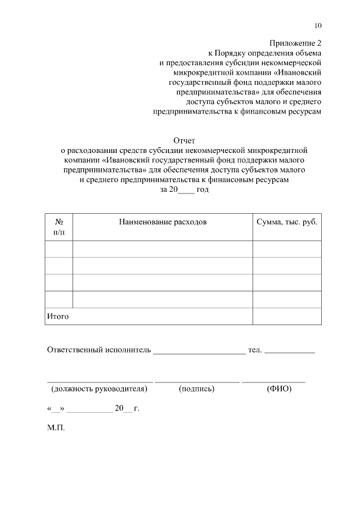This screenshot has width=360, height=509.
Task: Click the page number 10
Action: (318, 25)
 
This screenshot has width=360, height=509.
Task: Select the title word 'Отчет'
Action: (184, 140)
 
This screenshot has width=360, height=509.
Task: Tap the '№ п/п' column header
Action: (58, 227)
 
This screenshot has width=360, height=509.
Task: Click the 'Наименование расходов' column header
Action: (163, 222)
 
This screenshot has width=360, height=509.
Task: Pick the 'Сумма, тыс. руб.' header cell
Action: (287, 222)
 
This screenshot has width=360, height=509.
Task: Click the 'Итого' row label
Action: (57, 317)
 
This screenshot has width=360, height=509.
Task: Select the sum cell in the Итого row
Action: (287, 317)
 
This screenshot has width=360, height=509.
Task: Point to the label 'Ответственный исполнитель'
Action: (99, 350)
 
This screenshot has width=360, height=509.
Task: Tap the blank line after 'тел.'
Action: (289, 353)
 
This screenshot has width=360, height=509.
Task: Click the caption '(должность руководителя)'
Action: (99, 389)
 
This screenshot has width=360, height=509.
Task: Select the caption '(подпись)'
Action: (197, 389)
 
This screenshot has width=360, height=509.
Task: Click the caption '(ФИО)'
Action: (279, 389)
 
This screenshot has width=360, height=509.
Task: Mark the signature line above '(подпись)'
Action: (197, 382)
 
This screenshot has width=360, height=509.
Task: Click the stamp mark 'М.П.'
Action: (56, 428)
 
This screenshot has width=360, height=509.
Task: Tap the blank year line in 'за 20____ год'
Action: (186, 192)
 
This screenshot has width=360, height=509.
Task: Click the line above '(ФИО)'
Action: (273, 382)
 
